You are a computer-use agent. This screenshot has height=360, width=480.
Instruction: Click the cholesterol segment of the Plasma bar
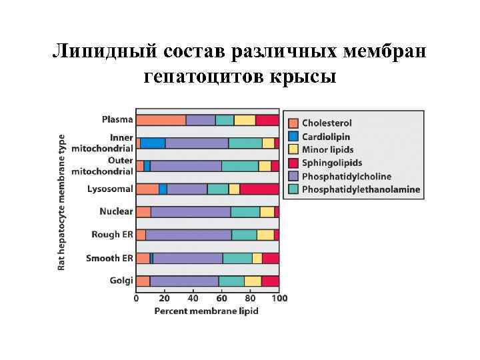(161, 120)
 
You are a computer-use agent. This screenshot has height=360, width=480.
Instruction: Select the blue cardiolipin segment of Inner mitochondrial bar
(153, 143)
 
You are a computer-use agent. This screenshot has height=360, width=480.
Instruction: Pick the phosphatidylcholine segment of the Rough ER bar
(188, 235)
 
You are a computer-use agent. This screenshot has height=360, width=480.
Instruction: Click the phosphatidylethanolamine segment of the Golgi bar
(231, 281)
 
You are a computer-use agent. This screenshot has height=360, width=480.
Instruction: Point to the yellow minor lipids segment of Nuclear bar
(267, 212)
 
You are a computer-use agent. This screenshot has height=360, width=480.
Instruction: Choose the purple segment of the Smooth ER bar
(187, 258)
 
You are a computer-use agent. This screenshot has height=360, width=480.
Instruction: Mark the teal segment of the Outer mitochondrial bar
(239, 166)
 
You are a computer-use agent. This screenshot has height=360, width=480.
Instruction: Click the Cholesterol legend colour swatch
(293, 123)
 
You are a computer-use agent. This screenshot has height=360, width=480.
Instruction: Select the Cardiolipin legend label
(327, 137)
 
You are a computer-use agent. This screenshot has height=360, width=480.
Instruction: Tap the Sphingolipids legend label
(331, 163)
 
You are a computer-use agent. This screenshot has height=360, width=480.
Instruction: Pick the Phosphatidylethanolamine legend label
(361, 189)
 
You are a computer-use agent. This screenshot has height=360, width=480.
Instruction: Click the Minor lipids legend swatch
(293, 150)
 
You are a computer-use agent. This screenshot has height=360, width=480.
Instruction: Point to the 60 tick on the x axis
(222, 298)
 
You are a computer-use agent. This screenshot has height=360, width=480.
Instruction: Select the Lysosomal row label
(110, 189)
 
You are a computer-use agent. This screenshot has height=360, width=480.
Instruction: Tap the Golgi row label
(121, 281)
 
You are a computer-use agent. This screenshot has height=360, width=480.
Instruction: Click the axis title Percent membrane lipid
(207, 311)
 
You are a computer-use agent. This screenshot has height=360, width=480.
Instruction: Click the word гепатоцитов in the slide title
(204, 77)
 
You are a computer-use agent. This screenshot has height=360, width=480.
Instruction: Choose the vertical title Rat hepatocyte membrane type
(62, 200)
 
